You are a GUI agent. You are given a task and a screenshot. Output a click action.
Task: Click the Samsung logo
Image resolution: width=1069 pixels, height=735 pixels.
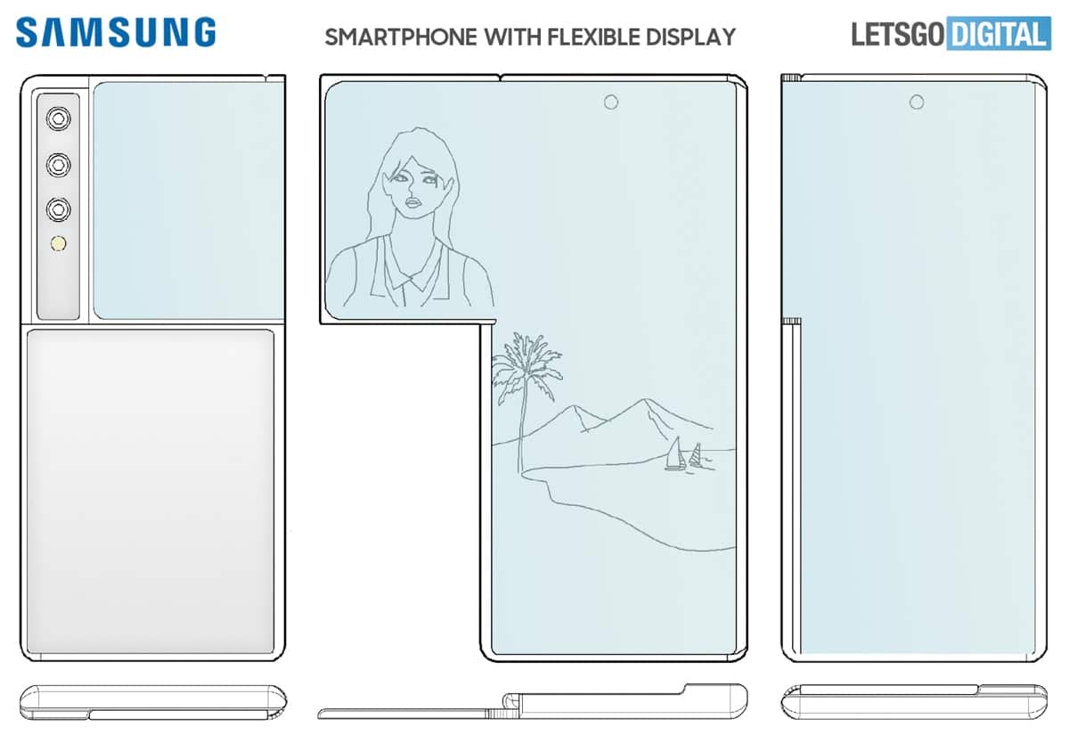click(116, 32)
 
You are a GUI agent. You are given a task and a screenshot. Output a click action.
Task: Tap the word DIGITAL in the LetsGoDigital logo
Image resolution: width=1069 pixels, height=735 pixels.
click(999, 34)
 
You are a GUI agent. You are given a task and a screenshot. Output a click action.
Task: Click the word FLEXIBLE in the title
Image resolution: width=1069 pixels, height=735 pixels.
click(593, 37)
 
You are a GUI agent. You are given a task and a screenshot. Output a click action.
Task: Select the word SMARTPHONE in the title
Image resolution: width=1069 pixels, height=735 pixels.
click(401, 37)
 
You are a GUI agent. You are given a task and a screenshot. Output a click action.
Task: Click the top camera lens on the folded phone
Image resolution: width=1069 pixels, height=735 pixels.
click(59, 118)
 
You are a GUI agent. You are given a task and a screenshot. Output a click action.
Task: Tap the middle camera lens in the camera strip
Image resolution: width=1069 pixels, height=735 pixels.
click(59, 165)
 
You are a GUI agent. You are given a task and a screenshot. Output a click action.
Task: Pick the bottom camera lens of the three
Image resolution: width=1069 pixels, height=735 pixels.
click(59, 209)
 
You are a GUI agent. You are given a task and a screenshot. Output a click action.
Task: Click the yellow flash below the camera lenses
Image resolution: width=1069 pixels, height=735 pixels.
click(59, 244)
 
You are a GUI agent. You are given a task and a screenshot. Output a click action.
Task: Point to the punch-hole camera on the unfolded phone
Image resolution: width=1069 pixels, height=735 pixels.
click(611, 102)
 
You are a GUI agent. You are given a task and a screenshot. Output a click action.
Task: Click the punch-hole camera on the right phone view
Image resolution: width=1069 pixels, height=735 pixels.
click(917, 102)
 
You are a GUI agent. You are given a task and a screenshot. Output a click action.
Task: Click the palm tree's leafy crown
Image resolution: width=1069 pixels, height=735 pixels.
click(526, 365)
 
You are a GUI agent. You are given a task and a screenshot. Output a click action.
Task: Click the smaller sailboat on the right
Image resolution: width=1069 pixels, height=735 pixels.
click(696, 455)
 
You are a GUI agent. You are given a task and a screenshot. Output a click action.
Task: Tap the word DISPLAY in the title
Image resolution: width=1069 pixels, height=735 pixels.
click(691, 37)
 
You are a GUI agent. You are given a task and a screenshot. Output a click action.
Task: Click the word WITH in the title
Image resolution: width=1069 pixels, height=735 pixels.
click(512, 37)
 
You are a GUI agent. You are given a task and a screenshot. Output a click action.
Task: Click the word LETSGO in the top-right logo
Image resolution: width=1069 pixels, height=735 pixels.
click(898, 34)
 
